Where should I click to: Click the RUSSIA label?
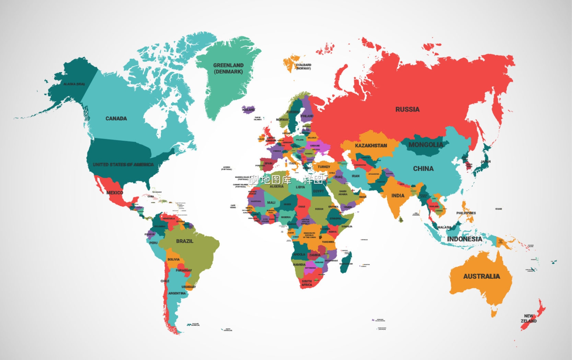(407, 109)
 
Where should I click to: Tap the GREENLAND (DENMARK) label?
(228, 68)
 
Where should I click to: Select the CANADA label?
(116, 119)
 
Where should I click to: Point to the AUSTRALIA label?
(481, 276)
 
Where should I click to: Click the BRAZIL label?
(185, 241)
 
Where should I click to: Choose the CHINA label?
(423, 169)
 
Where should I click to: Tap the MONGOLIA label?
(426, 145)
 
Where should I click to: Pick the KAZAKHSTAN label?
(371, 146)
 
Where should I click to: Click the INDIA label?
(398, 196)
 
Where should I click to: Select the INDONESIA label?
(464, 239)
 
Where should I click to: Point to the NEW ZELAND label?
(529, 318)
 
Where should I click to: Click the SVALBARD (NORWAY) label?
(304, 67)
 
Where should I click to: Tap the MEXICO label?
(114, 193)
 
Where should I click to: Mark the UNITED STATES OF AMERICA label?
(123, 165)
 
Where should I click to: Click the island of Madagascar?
(346, 263)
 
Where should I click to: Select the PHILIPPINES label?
(466, 213)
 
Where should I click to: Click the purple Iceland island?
(248, 110)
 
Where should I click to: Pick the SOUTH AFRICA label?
(307, 283)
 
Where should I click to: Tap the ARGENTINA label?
(177, 293)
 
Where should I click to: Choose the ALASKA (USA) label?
(74, 84)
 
